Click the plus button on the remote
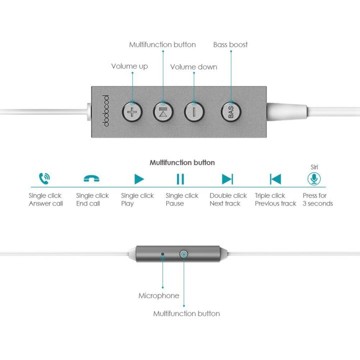tap(132, 112)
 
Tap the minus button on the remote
tap(194, 112)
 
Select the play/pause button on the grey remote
tap(163, 112)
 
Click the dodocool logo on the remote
tap(105, 110)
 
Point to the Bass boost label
tap(230, 44)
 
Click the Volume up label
tap(129, 66)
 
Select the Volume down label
tap(193, 67)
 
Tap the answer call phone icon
tap(44, 178)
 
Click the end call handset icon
tap(91, 178)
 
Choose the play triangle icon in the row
tap(138, 179)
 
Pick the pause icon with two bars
tap(180, 179)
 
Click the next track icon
tap(227, 179)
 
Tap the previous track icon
tap(275, 179)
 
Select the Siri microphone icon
tap(314, 178)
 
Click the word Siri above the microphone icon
tap(314, 167)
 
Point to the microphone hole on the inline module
tap(163, 254)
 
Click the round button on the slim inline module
tap(183, 254)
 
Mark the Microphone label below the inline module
tap(158, 295)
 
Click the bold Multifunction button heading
tap(182, 162)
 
